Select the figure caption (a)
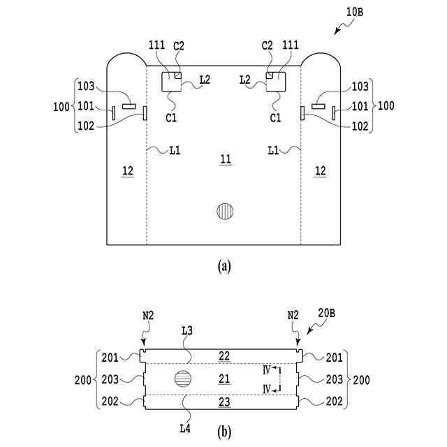tap(224, 265)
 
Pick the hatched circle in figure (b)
tap(182, 380)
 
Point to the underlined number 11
tap(224, 161)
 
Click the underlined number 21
tap(224, 379)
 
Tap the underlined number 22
tap(224, 356)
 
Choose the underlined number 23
tap(224, 402)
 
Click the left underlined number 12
tap(126, 170)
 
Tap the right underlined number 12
tap(321, 170)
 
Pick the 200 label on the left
tap(83, 380)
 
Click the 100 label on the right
tap(386, 107)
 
